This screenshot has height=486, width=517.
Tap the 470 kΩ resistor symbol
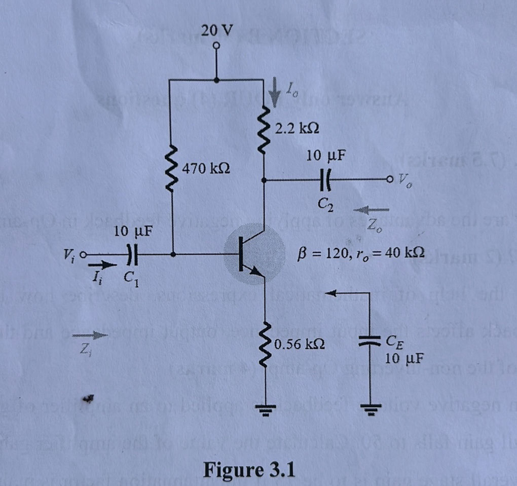tap(173, 167)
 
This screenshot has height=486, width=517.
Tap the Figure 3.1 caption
tap(249, 469)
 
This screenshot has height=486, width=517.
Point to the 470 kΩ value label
tap(206, 168)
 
